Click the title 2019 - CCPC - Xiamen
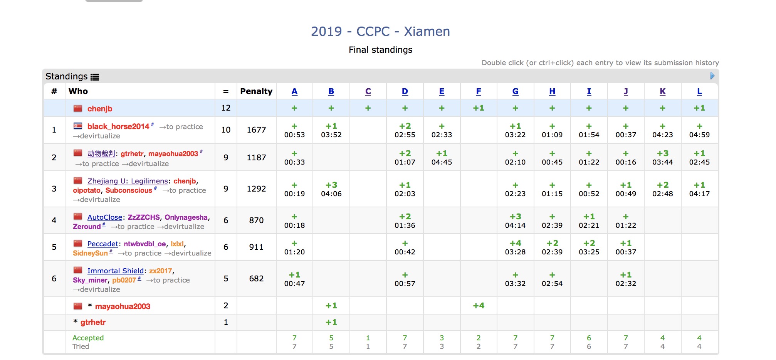tap(380, 31)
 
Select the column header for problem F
tap(479, 91)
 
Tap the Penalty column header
tap(256, 91)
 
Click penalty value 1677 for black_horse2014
tap(256, 130)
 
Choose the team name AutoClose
tap(104, 217)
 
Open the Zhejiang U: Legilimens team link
tap(128, 181)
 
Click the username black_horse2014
tap(118, 126)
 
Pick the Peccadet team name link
tap(102, 244)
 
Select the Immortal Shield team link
tap(115, 271)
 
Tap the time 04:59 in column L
tap(699, 135)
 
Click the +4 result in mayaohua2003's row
tap(479, 306)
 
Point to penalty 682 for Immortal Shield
tap(256, 279)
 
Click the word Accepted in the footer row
tap(88, 338)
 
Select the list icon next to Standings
tap(95, 77)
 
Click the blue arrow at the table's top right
tap(712, 76)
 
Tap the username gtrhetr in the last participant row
tap(93, 322)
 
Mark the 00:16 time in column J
tap(626, 162)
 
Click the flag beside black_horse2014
tap(78, 126)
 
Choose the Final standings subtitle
tap(380, 50)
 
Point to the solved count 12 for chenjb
tap(226, 108)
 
